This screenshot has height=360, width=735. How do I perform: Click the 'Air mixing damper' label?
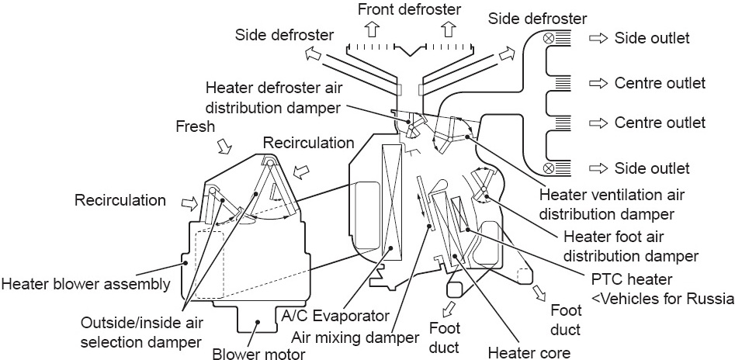[x=358, y=337]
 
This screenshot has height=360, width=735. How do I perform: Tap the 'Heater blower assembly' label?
[x=85, y=284]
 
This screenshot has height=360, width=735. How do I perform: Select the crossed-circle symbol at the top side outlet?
[x=548, y=36]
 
